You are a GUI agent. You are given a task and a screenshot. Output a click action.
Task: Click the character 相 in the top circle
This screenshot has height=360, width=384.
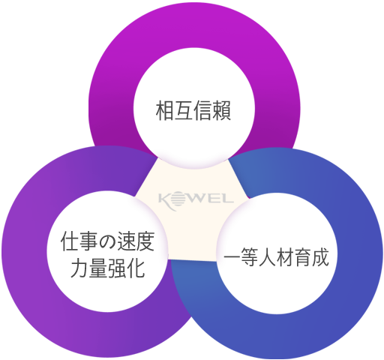click(165, 110)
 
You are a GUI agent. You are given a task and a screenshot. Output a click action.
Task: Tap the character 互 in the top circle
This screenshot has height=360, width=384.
click(184, 110)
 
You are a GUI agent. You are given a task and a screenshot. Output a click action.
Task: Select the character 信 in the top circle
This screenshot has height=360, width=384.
click(202, 110)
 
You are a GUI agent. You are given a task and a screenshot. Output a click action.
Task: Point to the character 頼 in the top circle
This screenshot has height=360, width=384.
click(221, 110)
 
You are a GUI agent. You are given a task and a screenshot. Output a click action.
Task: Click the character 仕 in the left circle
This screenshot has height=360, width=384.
click(70, 241)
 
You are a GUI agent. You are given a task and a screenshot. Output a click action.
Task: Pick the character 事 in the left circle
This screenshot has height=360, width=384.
click(89, 241)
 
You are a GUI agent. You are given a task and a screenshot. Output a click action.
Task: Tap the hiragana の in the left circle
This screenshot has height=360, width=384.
click(108, 241)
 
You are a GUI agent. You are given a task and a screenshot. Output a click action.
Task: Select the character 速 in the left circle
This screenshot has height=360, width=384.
click(127, 241)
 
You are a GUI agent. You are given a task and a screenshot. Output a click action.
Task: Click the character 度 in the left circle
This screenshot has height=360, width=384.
click(145, 241)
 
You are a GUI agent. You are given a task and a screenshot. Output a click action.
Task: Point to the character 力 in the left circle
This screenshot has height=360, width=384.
click(79, 268)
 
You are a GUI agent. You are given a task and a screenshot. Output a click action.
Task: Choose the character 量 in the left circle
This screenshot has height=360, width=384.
click(98, 268)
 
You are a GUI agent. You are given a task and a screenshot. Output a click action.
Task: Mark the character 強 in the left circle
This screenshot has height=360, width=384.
click(117, 268)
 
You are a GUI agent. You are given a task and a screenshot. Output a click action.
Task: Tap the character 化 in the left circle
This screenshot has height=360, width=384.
click(136, 268)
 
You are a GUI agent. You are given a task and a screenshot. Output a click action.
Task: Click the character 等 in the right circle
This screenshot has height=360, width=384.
click(250, 257)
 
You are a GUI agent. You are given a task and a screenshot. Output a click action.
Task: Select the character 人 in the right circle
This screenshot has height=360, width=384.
click(269, 257)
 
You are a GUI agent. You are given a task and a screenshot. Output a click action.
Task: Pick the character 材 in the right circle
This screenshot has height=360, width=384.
click(288, 257)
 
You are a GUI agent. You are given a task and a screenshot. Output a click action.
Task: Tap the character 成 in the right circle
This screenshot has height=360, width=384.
click(319, 257)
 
